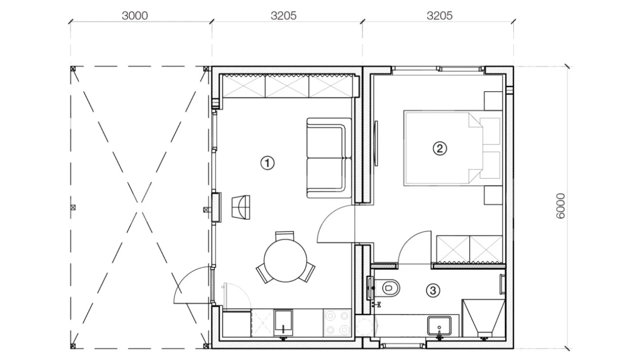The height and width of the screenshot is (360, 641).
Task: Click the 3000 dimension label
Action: click(135, 16)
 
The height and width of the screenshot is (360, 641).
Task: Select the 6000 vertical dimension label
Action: click(560, 206)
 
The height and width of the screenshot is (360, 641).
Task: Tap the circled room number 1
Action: click(267, 163)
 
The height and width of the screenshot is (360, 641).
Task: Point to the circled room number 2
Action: click(440, 149)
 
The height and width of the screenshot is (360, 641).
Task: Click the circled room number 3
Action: click(433, 291)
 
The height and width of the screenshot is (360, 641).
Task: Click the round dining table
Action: click(285, 260)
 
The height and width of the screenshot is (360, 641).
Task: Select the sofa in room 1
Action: click(329, 158)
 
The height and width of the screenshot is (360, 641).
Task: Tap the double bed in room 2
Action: click(453, 148)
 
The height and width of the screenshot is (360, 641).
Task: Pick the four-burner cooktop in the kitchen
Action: click(337, 322)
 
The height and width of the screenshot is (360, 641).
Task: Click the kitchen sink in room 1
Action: click(283, 322)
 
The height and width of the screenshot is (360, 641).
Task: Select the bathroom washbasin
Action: click(439, 325)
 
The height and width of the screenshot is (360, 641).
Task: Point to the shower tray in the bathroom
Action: click(484, 318)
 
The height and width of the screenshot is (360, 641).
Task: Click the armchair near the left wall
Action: click(241, 207)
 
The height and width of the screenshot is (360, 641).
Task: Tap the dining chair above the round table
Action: click(284, 236)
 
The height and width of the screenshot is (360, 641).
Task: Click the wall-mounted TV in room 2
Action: click(376, 143)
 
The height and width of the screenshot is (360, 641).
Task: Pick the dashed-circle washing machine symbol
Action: click(364, 326)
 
